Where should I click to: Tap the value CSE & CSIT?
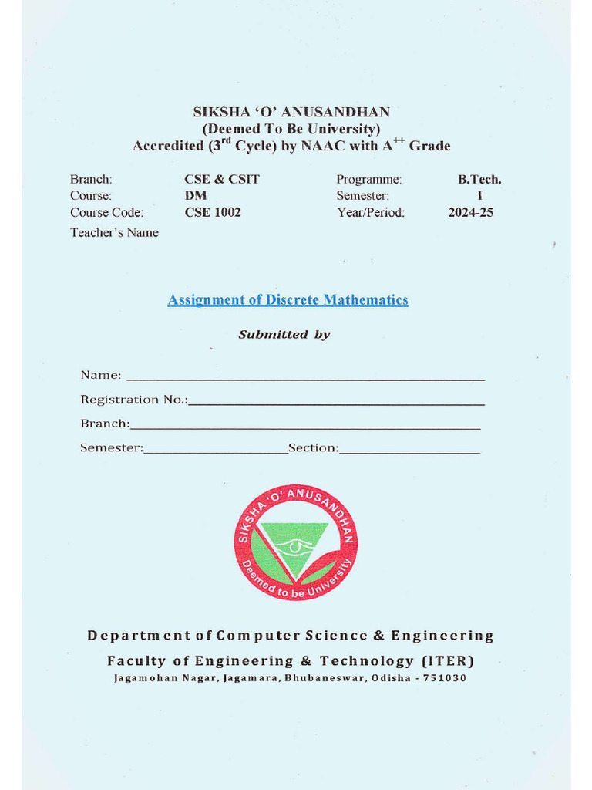click(222, 179)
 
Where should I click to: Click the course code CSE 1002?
click(213, 212)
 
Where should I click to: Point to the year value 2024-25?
click(470, 212)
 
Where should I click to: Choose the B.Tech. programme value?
click(479, 179)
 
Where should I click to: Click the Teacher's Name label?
click(114, 232)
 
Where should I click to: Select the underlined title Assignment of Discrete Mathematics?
click(288, 300)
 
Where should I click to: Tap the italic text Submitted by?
click(284, 334)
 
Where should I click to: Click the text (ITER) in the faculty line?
click(448, 660)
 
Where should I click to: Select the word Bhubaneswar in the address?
click(325, 678)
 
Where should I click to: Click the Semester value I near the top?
click(479, 196)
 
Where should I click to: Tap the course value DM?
click(196, 196)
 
